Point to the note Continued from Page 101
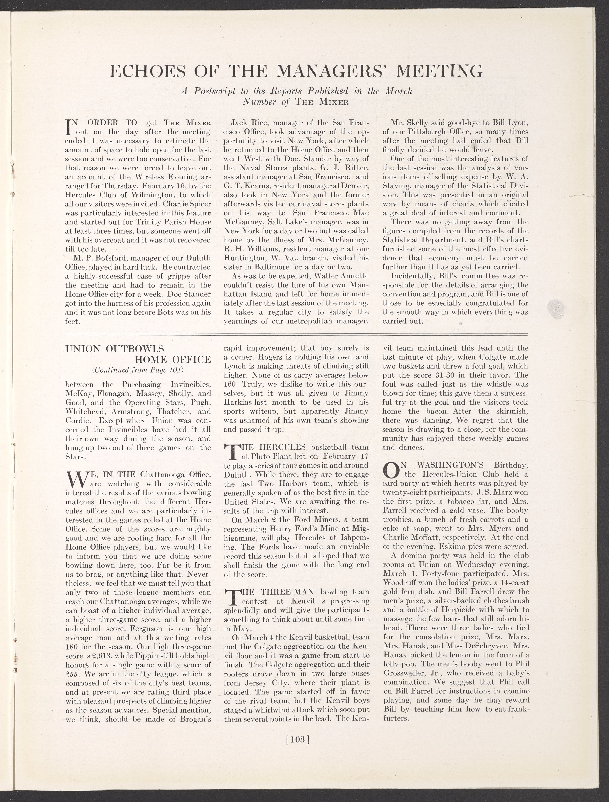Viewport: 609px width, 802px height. pyautogui.click(x=138, y=370)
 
